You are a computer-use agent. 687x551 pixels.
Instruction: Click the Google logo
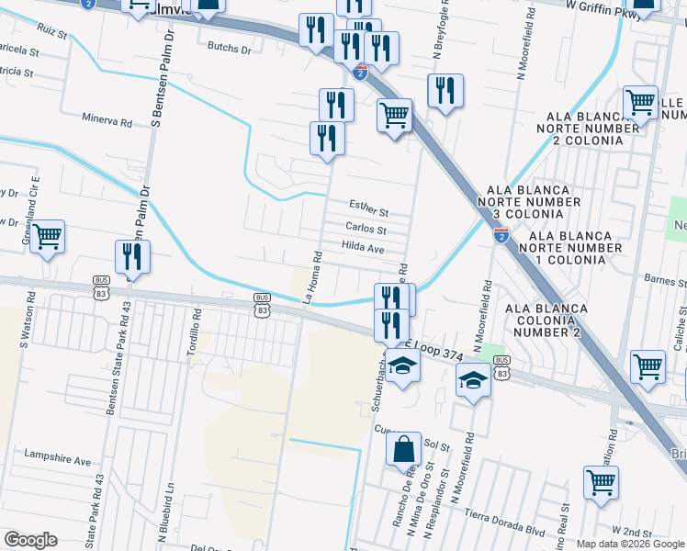[x=30, y=540]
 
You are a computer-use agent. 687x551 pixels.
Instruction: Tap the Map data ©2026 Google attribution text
[x=630, y=544]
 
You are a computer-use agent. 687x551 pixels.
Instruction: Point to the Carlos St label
[x=366, y=229]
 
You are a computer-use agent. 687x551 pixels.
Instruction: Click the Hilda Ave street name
[x=362, y=247]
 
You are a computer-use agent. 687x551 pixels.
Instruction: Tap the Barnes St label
[x=665, y=282]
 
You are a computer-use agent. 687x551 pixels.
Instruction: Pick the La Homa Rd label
[x=311, y=277]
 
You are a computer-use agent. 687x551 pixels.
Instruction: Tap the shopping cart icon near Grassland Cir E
[x=47, y=238]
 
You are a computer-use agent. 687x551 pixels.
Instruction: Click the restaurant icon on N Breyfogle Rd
[x=445, y=90]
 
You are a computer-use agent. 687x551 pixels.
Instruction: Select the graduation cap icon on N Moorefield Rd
[x=473, y=379]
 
